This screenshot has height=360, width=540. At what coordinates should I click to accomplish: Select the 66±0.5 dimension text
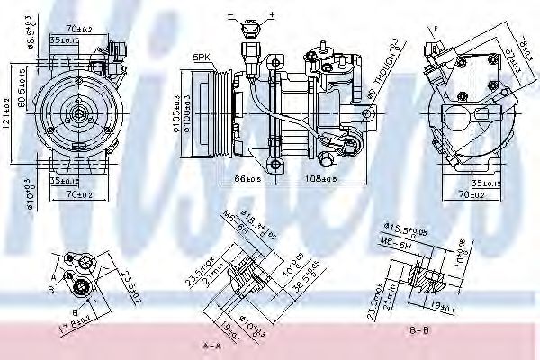pos(247,179)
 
